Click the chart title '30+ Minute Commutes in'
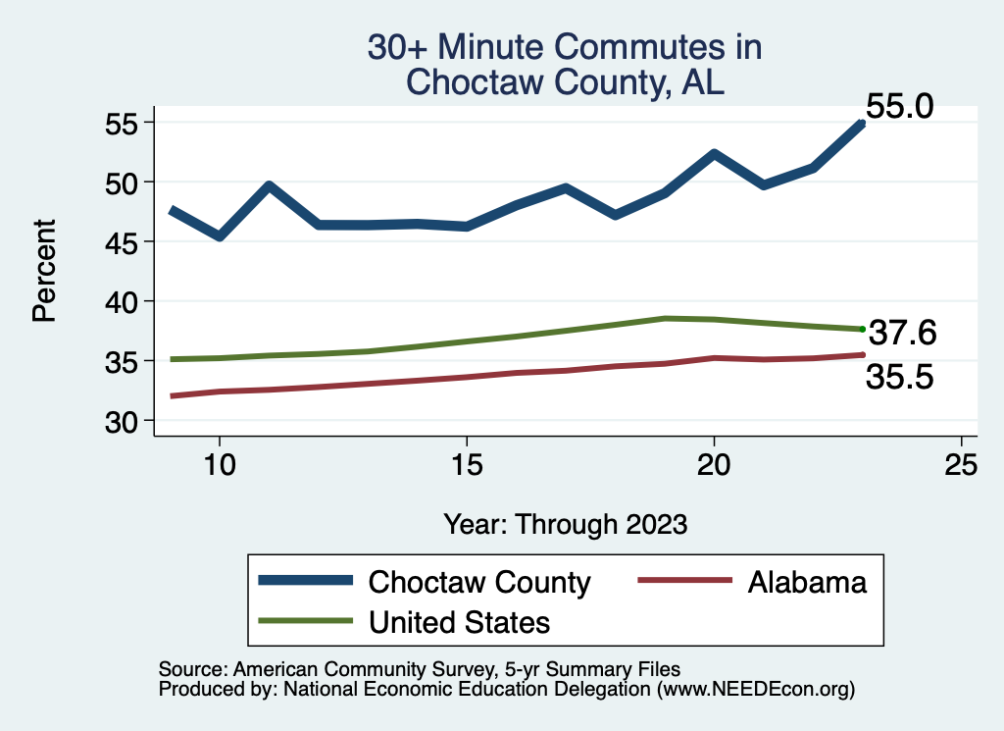pyautogui.click(x=564, y=47)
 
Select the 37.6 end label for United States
pyautogui.click(x=903, y=334)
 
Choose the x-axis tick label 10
pyautogui.click(x=219, y=465)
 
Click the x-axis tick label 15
pyautogui.click(x=467, y=465)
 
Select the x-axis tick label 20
pyautogui.click(x=714, y=465)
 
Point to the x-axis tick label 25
pyautogui.click(x=962, y=465)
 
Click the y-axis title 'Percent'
pyautogui.click(x=43, y=271)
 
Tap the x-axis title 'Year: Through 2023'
pyautogui.click(x=565, y=523)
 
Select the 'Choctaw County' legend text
pyautogui.click(x=479, y=582)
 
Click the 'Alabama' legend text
pyautogui.click(x=807, y=582)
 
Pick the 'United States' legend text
pyautogui.click(x=459, y=621)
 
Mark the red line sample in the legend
pyautogui.click(x=685, y=581)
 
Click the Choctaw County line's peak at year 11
pyautogui.click(x=269, y=185)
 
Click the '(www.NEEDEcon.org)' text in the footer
pyautogui.click(x=756, y=690)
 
